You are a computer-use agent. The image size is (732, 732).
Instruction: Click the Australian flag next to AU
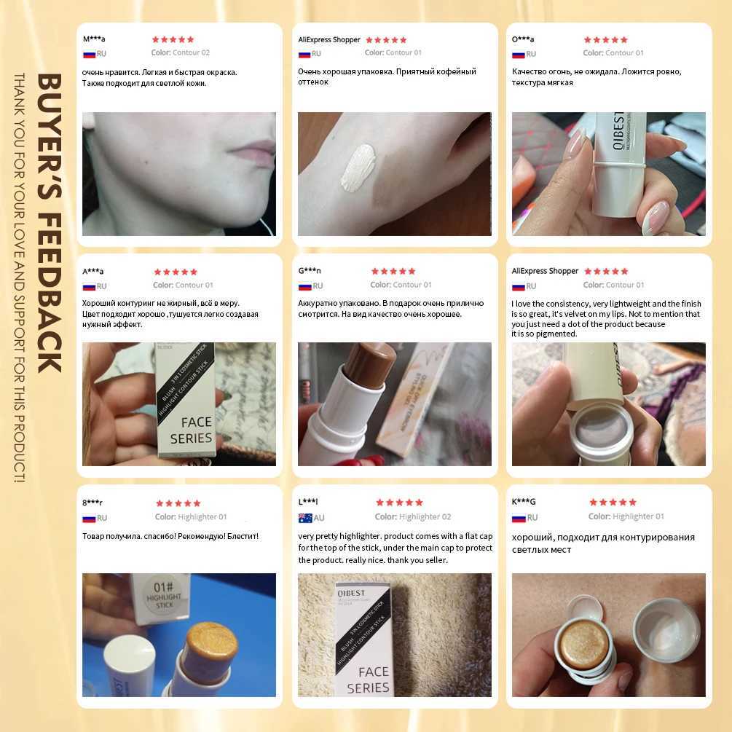coord(305,518)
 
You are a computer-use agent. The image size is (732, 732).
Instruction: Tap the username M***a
coord(94,39)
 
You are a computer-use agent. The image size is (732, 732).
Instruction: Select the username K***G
coord(524,502)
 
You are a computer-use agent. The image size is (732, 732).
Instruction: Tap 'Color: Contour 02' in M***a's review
coord(181,52)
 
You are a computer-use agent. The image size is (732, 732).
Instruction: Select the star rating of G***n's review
coord(393,271)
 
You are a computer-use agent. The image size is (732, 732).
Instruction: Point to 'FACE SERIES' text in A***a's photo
coord(191,430)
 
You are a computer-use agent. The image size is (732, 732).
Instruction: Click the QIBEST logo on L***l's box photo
coord(350,592)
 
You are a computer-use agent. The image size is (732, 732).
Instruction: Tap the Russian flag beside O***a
coord(519,54)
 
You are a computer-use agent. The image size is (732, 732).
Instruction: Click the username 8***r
coord(93,503)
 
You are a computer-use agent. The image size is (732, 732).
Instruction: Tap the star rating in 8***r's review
coord(177,503)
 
